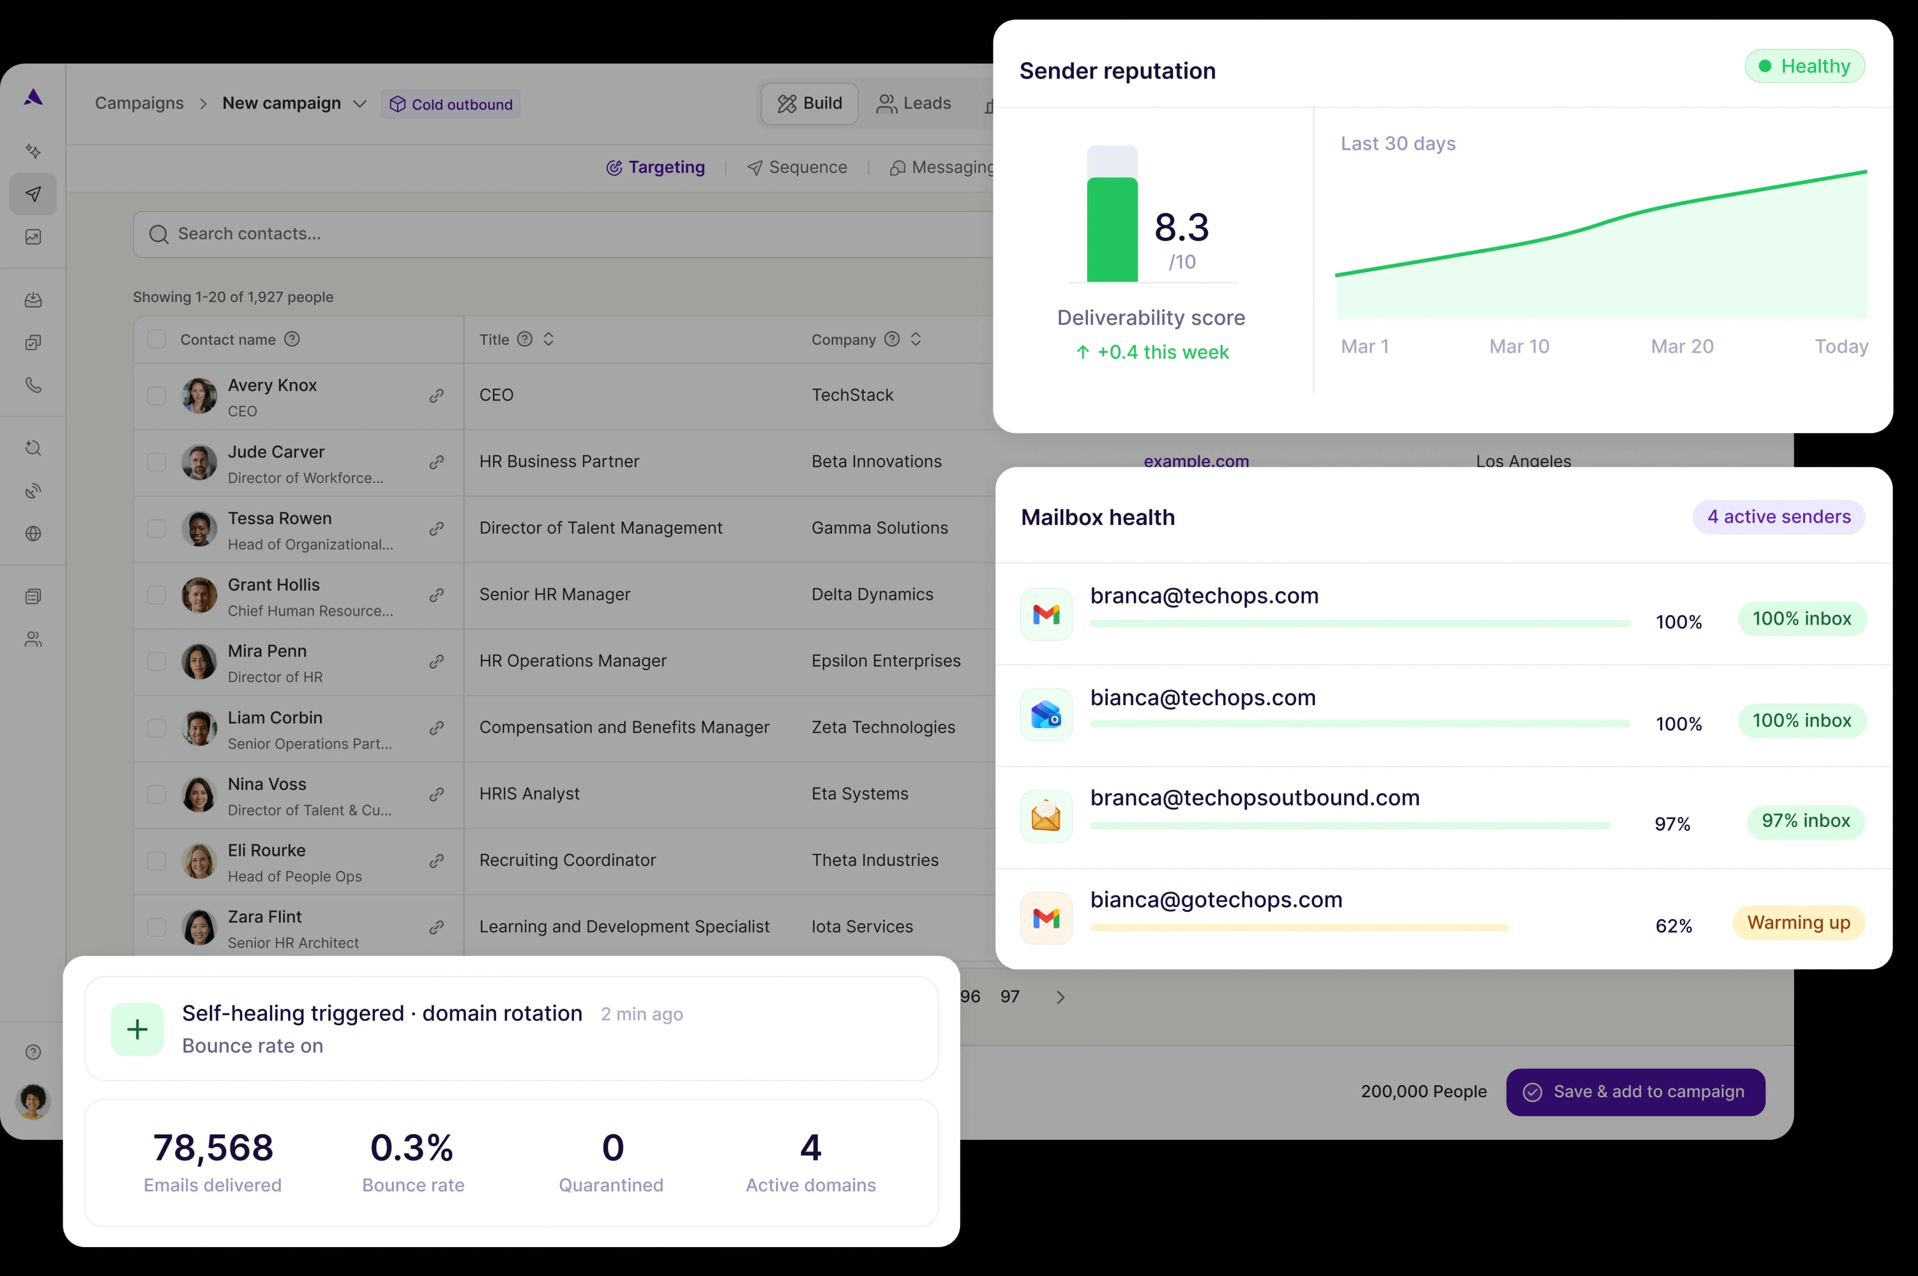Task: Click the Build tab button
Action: [810, 103]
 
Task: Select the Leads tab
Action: [914, 103]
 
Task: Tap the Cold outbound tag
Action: [451, 104]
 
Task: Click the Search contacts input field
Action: [561, 234]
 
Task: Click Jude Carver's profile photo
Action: [199, 462]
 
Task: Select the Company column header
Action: [843, 339]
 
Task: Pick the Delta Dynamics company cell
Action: [872, 595]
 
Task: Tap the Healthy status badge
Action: [1804, 67]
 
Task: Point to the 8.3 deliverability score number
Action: [1182, 228]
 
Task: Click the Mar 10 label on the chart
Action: [1518, 347]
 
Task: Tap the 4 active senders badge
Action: [1778, 517]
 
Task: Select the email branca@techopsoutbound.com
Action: [1255, 798]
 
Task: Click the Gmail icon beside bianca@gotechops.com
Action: [1046, 919]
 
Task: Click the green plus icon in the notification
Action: [137, 1029]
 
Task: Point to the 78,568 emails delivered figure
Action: [213, 1148]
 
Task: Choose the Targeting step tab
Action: [656, 168]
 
